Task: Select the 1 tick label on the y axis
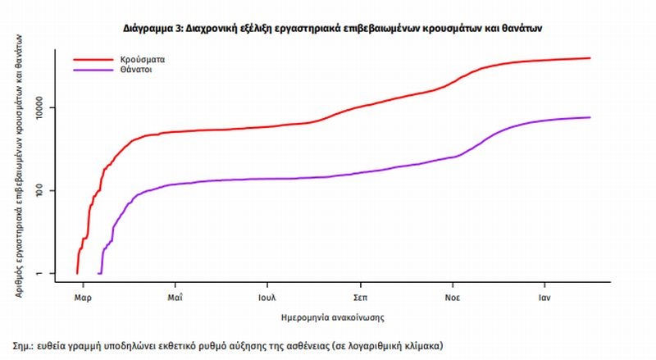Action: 48,274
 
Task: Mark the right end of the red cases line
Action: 590,58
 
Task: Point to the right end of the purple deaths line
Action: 590,117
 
